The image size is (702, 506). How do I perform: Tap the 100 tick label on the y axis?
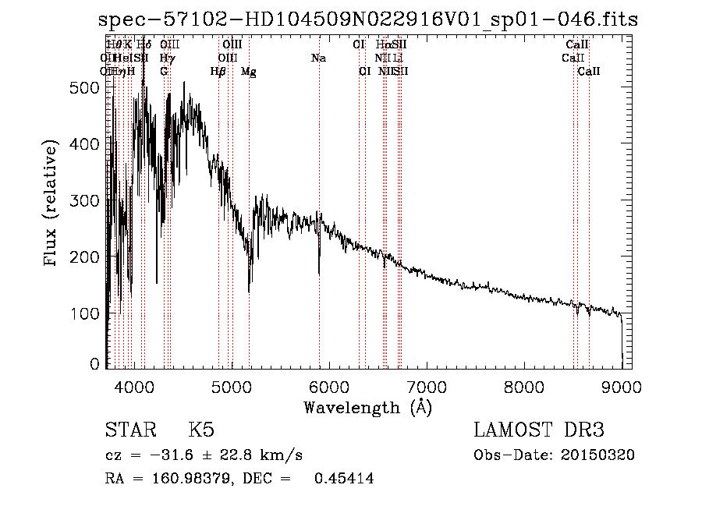pyautogui.click(x=90, y=313)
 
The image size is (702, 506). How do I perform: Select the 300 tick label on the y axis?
pyautogui.click(x=90, y=200)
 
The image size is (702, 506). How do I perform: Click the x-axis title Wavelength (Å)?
pyautogui.click(x=367, y=407)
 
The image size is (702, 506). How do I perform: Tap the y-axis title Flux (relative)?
pyautogui.click(x=51, y=205)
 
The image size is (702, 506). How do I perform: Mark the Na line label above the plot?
pyautogui.click(x=318, y=58)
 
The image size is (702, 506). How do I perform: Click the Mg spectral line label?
pyautogui.click(x=249, y=72)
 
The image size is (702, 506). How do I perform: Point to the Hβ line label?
pyautogui.click(x=218, y=72)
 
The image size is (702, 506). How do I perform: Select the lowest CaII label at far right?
pyautogui.click(x=589, y=72)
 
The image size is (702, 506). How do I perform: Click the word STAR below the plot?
pyautogui.click(x=129, y=430)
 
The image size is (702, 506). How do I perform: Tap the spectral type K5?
pyautogui.click(x=201, y=430)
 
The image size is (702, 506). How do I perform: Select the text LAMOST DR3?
pyautogui.click(x=539, y=430)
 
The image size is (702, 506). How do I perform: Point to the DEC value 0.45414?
pyautogui.click(x=343, y=479)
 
